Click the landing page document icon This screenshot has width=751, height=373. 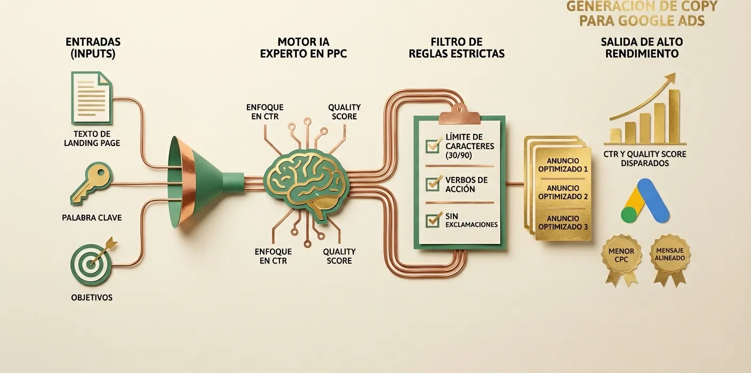point(92,98)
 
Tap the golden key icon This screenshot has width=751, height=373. point(91,183)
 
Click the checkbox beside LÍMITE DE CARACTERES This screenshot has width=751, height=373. point(433,145)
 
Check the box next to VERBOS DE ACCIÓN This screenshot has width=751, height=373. point(433,183)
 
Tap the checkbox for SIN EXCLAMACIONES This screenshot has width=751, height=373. point(433,220)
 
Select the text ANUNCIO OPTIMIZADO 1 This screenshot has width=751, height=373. point(563,165)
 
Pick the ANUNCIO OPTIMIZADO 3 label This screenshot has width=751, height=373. point(563,222)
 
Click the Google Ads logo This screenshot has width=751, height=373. point(645,201)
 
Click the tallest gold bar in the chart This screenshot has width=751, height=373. point(674,116)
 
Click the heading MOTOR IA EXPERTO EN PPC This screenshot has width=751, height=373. point(303,47)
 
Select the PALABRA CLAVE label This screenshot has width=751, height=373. point(92,217)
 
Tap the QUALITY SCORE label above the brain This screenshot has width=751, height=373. point(345,112)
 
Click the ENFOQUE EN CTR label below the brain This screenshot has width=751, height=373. point(273,256)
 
